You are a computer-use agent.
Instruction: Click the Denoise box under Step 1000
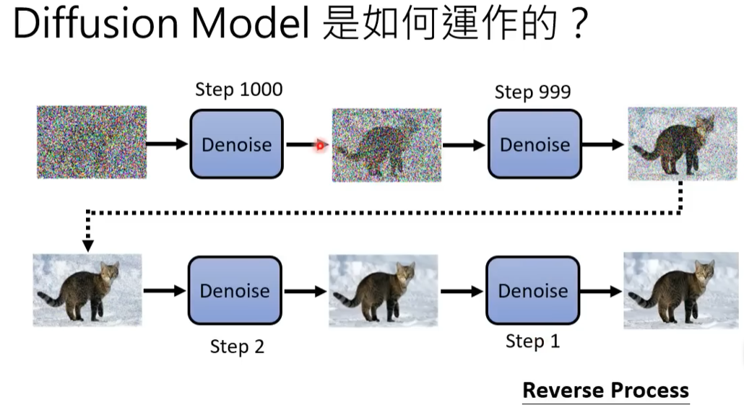click(x=237, y=144)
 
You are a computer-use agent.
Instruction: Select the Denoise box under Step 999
click(x=535, y=144)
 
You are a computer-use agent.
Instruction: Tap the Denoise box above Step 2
click(x=235, y=290)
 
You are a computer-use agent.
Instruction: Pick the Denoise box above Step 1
click(x=533, y=290)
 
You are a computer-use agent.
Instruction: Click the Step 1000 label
click(x=238, y=90)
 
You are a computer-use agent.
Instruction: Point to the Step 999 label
click(x=532, y=92)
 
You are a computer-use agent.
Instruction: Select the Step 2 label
click(x=237, y=346)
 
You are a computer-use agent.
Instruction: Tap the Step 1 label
click(x=532, y=341)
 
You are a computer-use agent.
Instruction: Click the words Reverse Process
click(x=605, y=390)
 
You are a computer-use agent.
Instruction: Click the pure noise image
click(x=92, y=142)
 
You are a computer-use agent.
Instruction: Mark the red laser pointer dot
click(x=320, y=146)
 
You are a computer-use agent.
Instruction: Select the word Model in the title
click(x=251, y=23)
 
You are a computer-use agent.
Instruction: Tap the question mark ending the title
click(x=579, y=24)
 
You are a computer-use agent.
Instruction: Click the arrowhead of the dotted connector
click(x=88, y=245)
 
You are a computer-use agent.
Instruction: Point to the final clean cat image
click(x=680, y=290)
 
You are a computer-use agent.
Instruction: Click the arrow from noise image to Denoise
click(x=168, y=144)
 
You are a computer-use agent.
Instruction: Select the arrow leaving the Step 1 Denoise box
click(x=601, y=291)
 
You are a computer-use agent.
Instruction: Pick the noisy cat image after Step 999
click(x=683, y=144)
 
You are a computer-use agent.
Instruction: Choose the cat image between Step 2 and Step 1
click(x=384, y=291)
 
